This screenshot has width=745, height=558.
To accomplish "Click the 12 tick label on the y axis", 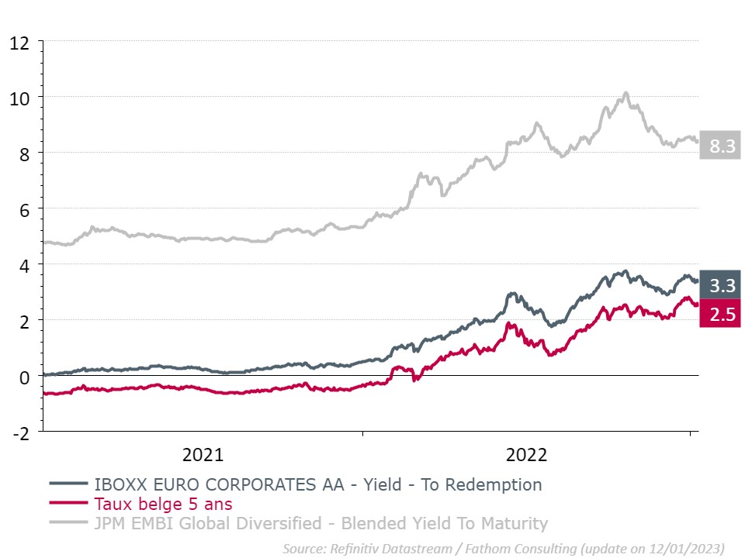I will [x=19, y=43].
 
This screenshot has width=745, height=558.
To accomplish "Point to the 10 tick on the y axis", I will [x=19, y=98].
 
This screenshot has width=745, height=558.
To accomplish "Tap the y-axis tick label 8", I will [x=25, y=154].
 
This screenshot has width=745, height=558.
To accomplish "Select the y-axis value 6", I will [x=25, y=210].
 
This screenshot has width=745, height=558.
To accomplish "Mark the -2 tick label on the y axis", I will [x=21, y=433].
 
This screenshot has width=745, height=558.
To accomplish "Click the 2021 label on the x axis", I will [x=203, y=455].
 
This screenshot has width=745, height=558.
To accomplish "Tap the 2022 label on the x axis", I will [x=527, y=455].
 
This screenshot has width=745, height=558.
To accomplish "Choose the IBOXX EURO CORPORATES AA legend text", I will [x=317, y=485].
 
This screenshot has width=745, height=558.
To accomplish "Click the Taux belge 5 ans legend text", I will [x=163, y=505].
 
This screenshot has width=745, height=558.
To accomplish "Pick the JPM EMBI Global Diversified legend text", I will [x=321, y=524].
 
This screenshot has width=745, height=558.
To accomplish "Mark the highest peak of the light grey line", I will [x=626, y=94].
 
